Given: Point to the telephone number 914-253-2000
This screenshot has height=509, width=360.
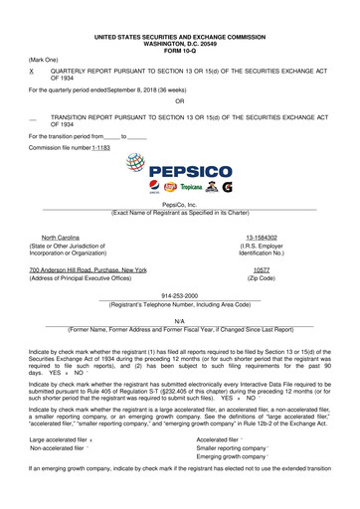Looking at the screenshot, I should [179, 295].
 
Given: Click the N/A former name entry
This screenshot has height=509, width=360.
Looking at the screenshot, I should [179, 321].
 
